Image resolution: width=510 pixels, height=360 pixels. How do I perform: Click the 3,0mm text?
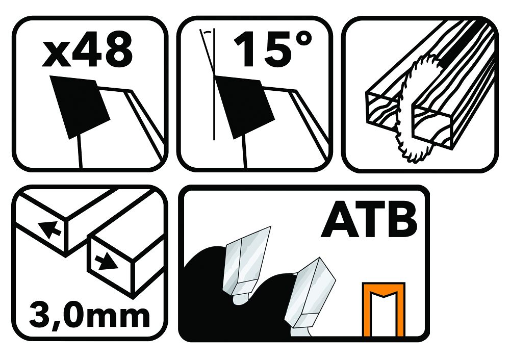[x=89, y=315]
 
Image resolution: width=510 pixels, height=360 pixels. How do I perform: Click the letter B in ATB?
[x=403, y=221]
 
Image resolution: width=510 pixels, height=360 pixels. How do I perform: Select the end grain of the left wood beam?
[x=381, y=111]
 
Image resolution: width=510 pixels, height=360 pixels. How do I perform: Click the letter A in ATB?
[x=337, y=221]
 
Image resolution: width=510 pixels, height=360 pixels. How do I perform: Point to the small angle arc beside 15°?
[x=206, y=31]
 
